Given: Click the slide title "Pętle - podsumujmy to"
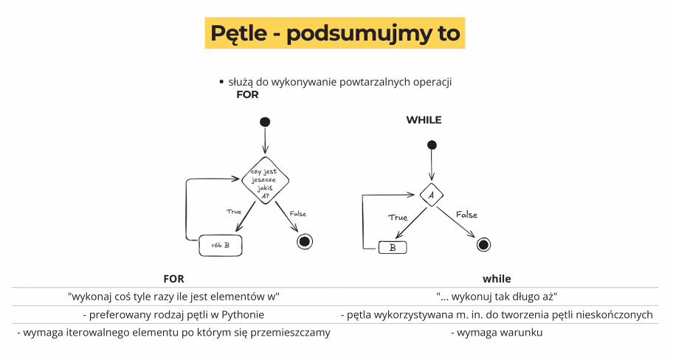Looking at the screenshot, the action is tap(335, 33).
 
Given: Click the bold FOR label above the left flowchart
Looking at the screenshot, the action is tap(248, 95).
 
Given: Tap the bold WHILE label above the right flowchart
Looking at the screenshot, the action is tap(424, 120).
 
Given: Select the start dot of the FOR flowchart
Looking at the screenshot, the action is tap(265, 122).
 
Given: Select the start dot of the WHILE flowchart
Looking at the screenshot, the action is tap(432, 145).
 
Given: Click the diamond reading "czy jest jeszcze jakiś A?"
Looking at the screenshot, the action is tap(265, 181).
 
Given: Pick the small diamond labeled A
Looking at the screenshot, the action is tap(432, 195).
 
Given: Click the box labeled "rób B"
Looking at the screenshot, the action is tap(220, 246).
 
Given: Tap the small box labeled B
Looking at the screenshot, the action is tap(393, 248).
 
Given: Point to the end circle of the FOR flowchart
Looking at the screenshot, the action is tap(305, 241).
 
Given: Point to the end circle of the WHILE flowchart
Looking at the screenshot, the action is tap(483, 245).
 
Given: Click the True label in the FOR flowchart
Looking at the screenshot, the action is tap(234, 212).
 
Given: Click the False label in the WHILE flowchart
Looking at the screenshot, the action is tap(466, 215).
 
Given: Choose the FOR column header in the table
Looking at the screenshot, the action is tap(174, 279).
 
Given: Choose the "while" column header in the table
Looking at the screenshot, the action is tap(497, 279).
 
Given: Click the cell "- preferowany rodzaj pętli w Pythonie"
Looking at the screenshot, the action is tap(173, 315).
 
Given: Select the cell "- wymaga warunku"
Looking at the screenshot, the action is tap(497, 333).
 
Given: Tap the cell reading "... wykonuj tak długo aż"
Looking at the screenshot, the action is tap(497, 297).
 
